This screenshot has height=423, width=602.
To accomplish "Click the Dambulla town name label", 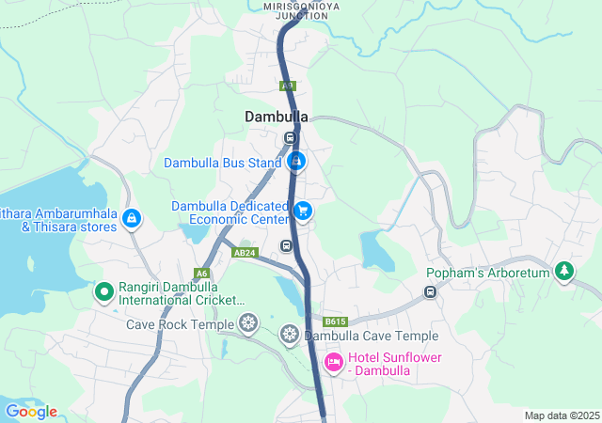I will click(277, 117).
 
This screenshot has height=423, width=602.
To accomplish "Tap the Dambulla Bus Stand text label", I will click(223, 163).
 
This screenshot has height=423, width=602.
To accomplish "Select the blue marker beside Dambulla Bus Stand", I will click(296, 163).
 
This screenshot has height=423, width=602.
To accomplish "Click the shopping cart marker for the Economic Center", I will click(302, 211).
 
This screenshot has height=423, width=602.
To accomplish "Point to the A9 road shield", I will click(288, 86).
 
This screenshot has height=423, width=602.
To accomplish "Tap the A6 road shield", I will click(201, 274).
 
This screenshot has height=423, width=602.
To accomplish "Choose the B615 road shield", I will click(336, 321).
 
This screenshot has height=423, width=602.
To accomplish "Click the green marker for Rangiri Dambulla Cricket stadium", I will click(103, 292).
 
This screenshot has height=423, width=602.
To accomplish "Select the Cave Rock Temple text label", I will click(181, 324).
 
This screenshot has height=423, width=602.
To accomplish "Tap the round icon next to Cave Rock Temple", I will click(248, 324).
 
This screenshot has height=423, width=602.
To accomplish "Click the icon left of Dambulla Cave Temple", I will click(290, 335).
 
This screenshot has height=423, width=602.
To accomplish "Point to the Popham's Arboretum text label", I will click(486, 274).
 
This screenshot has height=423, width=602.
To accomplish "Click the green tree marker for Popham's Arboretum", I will click(564, 273).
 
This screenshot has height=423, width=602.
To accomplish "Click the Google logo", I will click(31, 412).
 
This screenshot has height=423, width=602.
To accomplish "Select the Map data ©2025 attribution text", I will click(562, 415).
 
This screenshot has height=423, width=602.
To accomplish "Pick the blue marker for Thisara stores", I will click(131, 219).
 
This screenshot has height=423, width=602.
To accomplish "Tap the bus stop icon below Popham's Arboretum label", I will click(430, 291).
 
